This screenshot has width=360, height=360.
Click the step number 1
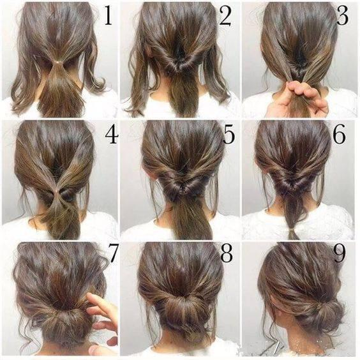(108, 16)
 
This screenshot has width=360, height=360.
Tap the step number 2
(225, 16)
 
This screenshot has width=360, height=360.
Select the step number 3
(342, 16)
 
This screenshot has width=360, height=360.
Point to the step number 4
(112, 135)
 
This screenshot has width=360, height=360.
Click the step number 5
(229, 135)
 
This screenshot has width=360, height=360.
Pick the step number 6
(339, 135)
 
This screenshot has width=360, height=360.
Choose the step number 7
(113, 253)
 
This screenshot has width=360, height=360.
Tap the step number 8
(227, 253)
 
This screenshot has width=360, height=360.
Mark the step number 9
(340, 253)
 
